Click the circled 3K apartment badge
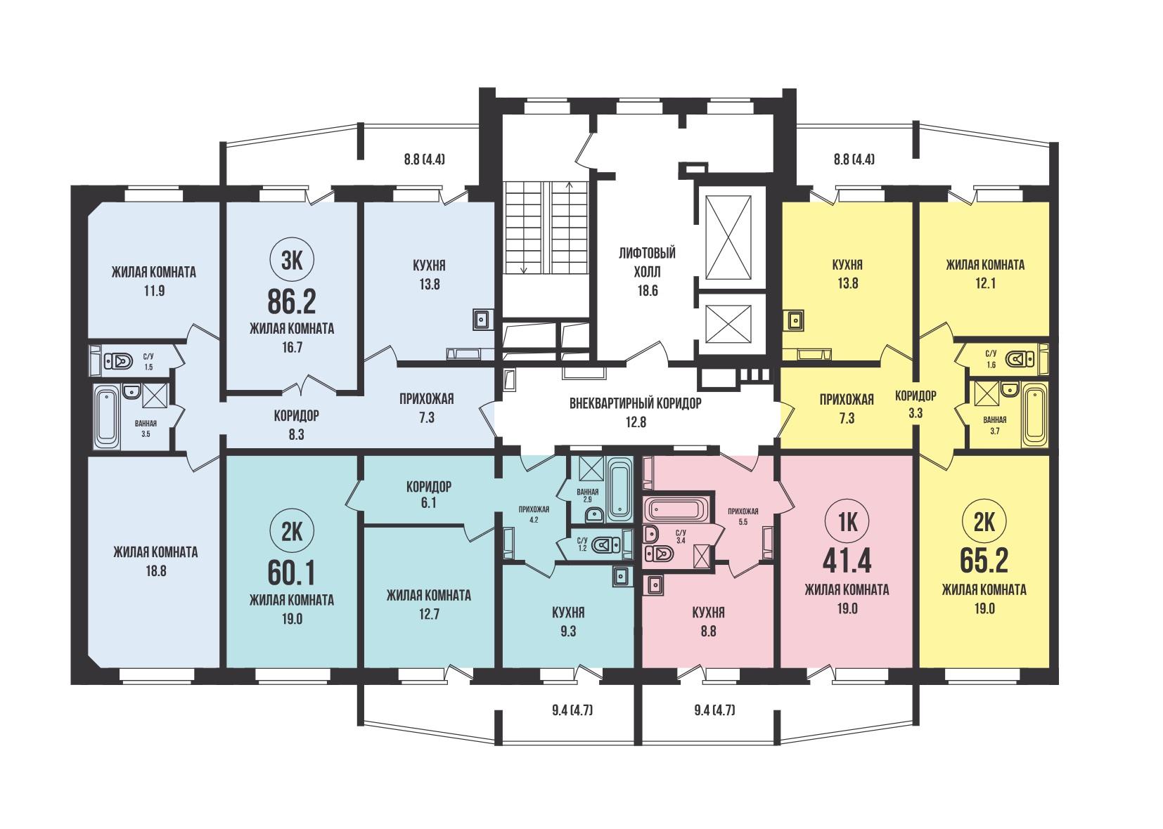pos(292,261)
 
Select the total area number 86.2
pos(292,302)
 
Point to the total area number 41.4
pos(847,560)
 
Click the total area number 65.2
pos(984,560)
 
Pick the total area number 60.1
pos(292,573)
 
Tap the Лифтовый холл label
pos(647,263)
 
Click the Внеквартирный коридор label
pos(636,403)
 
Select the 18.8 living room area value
pos(156,571)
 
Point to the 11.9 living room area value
pos(154,291)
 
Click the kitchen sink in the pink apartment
pos(653,585)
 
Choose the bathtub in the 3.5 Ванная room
pos(107,415)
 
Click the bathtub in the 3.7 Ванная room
pos(1035,414)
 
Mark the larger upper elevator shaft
pos(729,237)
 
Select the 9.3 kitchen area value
pos(568,632)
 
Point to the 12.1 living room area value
pos(985,284)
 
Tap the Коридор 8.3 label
pos(297,425)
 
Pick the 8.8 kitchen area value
pos(708,632)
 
